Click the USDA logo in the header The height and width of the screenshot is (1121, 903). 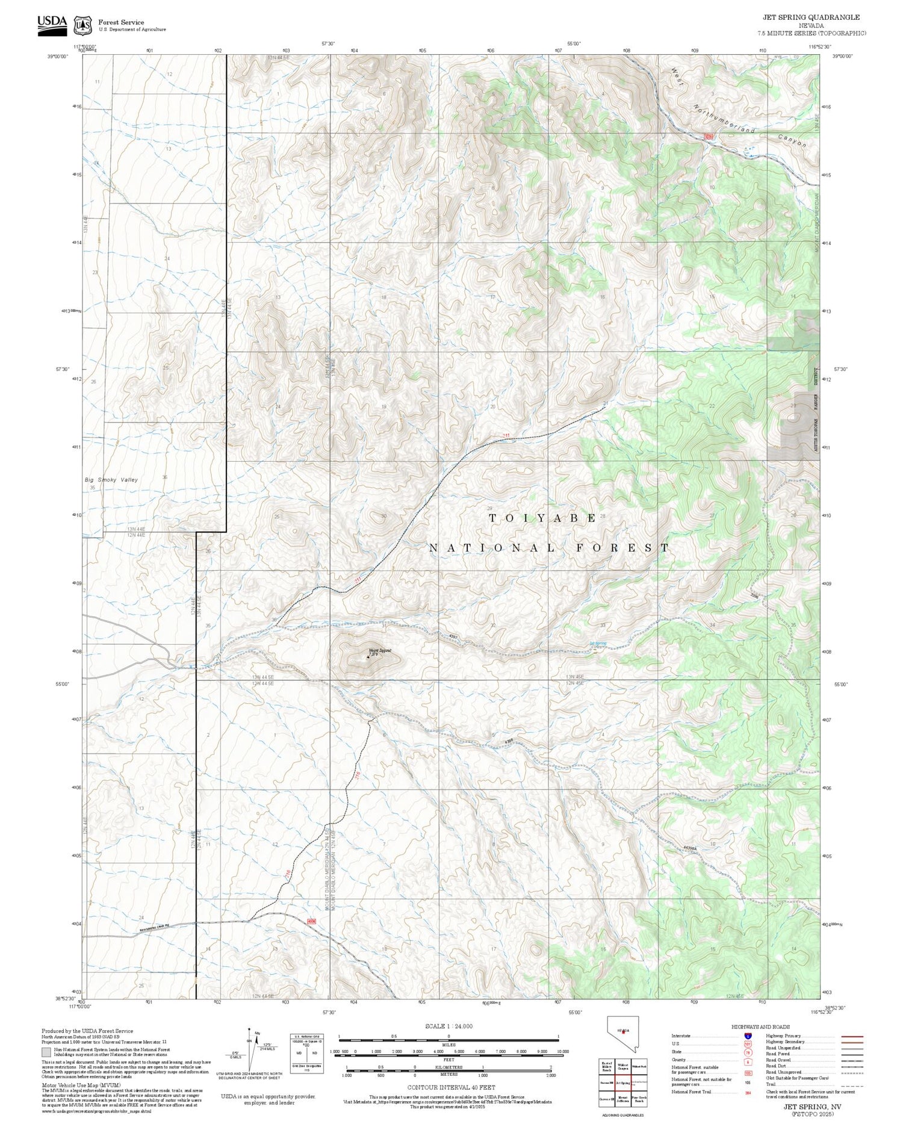[52, 25]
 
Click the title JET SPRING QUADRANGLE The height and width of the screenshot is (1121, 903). [811, 17]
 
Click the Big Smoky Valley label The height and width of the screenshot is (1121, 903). [111, 480]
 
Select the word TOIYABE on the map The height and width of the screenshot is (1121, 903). [542, 518]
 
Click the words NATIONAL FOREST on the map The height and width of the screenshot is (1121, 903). [548, 548]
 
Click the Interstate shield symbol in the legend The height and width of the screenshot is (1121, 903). [748, 1036]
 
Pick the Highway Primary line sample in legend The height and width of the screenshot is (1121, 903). [849, 1037]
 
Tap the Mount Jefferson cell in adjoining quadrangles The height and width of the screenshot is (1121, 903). [622, 1099]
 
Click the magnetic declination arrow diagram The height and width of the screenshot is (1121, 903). [250, 1048]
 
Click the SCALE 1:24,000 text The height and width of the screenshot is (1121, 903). [448, 1026]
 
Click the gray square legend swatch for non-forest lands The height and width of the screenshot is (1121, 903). [46, 1052]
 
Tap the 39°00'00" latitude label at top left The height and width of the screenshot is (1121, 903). [58, 56]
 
